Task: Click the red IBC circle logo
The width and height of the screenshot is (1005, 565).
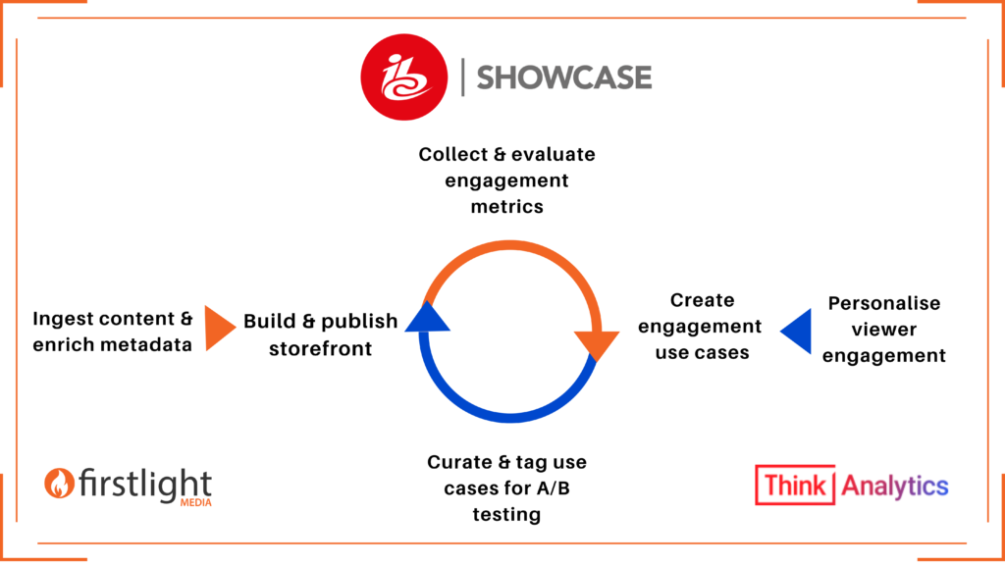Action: click(x=403, y=77)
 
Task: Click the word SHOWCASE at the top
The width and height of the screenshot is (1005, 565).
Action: click(x=564, y=77)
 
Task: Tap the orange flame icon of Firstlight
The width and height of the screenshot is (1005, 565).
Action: click(x=59, y=483)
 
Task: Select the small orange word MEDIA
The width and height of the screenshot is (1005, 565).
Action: click(x=196, y=503)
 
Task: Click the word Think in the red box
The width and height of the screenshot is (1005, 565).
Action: click(x=795, y=486)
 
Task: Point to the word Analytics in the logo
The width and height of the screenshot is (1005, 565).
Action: click(x=895, y=487)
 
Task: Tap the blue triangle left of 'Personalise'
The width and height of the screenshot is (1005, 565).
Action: click(x=795, y=332)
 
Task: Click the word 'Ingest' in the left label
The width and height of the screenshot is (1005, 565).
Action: click(x=60, y=320)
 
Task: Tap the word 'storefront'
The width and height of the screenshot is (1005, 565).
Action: click(x=321, y=348)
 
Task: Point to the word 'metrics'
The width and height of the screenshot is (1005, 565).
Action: click(x=507, y=207)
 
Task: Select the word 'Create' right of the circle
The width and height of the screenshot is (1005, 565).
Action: click(x=703, y=300)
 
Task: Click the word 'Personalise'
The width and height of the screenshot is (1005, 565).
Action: click(x=884, y=303)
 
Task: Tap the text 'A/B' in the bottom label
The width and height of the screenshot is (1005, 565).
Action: click(x=554, y=488)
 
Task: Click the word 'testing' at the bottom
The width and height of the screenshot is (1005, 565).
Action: click(x=507, y=515)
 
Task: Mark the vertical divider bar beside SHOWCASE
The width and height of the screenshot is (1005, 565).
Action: click(x=463, y=77)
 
